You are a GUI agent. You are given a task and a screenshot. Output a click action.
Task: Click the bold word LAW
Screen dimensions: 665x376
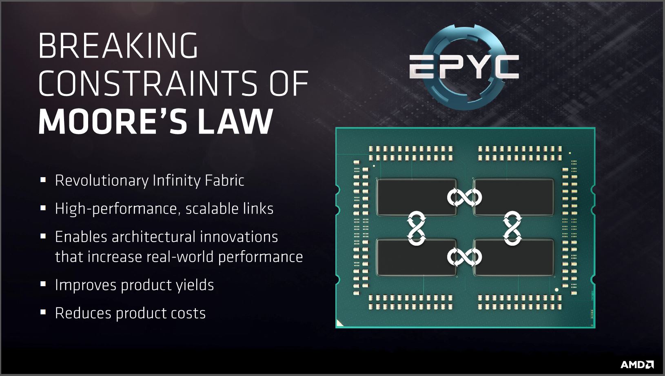point(235,121)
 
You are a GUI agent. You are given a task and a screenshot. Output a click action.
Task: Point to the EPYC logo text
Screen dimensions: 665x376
point(464,67)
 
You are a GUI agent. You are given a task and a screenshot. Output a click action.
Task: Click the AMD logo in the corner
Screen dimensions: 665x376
point(637,365)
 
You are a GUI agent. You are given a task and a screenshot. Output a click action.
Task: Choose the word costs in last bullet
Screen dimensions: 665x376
point(187,314)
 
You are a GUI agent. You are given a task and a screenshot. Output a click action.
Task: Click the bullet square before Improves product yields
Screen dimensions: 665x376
point(43,284)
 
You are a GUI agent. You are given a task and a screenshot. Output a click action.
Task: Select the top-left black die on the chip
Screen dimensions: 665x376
point(416,197)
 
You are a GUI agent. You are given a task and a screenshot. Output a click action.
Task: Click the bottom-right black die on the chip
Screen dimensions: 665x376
point(514,257)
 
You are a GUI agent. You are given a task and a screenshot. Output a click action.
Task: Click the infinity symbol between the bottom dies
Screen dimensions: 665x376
point(465,257)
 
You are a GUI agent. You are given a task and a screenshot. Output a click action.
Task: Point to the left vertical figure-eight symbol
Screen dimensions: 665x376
point(417,228)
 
